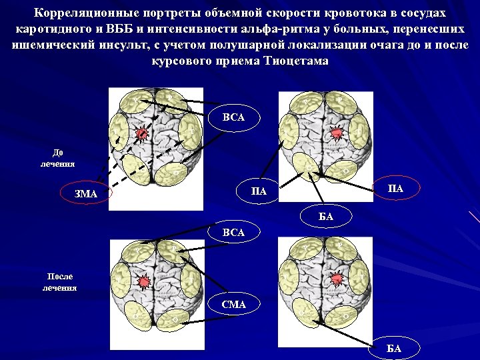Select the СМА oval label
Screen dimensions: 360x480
click(234, 304)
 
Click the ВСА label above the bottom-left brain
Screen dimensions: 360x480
click(233, 232)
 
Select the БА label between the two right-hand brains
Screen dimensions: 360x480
click(326, 216)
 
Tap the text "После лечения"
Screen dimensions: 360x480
click(60, 281)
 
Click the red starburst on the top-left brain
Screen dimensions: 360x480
click(143, 135)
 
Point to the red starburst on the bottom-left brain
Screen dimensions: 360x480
click(143, 282)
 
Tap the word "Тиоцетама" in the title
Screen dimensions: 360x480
click(297, 61)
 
